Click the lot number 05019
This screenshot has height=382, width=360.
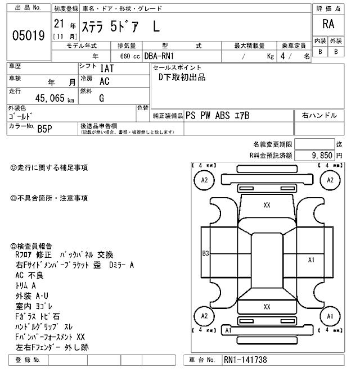(x=28, y=36)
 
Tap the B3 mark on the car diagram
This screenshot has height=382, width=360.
(x=206, y=254)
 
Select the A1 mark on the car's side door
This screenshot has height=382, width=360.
(x=311, y=260)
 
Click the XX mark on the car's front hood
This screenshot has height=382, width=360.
(x=267, y=206)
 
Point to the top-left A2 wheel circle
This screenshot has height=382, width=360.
(x=204, y=180)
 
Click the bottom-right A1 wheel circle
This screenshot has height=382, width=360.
(x=330, y=316)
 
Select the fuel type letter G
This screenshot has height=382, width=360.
(x=102, y=97)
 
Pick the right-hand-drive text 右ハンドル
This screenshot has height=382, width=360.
(x=319, y=115)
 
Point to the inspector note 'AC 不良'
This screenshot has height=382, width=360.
(x=37, y=275)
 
